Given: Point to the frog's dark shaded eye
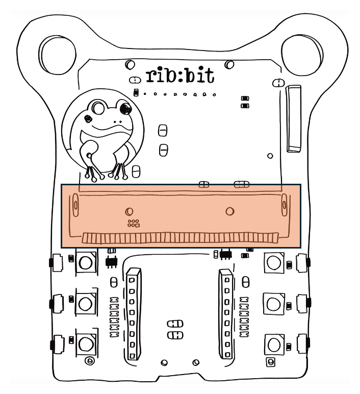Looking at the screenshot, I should click(123, 107).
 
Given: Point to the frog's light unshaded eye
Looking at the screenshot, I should click(97, 108).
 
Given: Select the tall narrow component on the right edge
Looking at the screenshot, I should click(294, 118).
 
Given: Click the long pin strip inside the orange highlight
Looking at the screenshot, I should click(179, 238).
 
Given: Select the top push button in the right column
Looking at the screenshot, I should click(274, 263).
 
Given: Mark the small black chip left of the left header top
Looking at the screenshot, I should click(111, 261).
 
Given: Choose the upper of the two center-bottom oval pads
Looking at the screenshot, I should click(175, 324).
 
